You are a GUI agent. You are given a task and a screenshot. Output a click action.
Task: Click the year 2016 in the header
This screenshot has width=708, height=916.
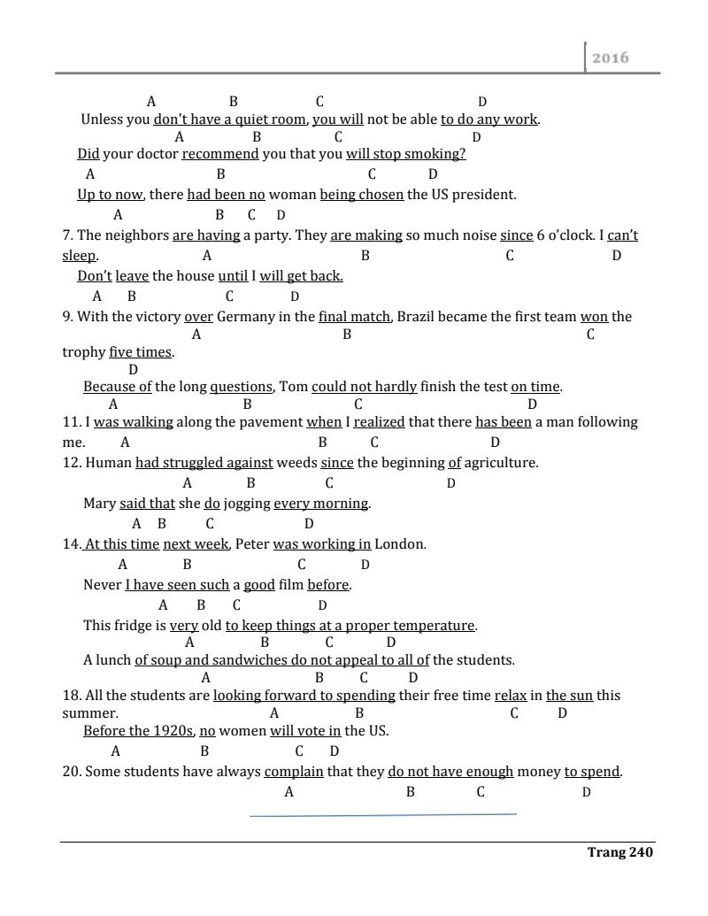611,58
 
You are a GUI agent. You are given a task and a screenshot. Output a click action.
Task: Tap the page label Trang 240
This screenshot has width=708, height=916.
619,852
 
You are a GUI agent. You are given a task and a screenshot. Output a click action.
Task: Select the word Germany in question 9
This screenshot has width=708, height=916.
242,317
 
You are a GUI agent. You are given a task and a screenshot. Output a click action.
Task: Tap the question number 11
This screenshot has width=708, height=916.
70,422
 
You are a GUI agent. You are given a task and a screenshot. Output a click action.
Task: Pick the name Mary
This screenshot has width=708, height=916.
99,504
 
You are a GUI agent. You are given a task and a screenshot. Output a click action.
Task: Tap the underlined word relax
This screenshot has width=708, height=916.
511,696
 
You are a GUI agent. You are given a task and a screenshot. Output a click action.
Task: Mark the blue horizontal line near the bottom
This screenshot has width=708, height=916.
382,814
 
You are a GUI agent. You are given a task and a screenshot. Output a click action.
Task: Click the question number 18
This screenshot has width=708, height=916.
70,696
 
